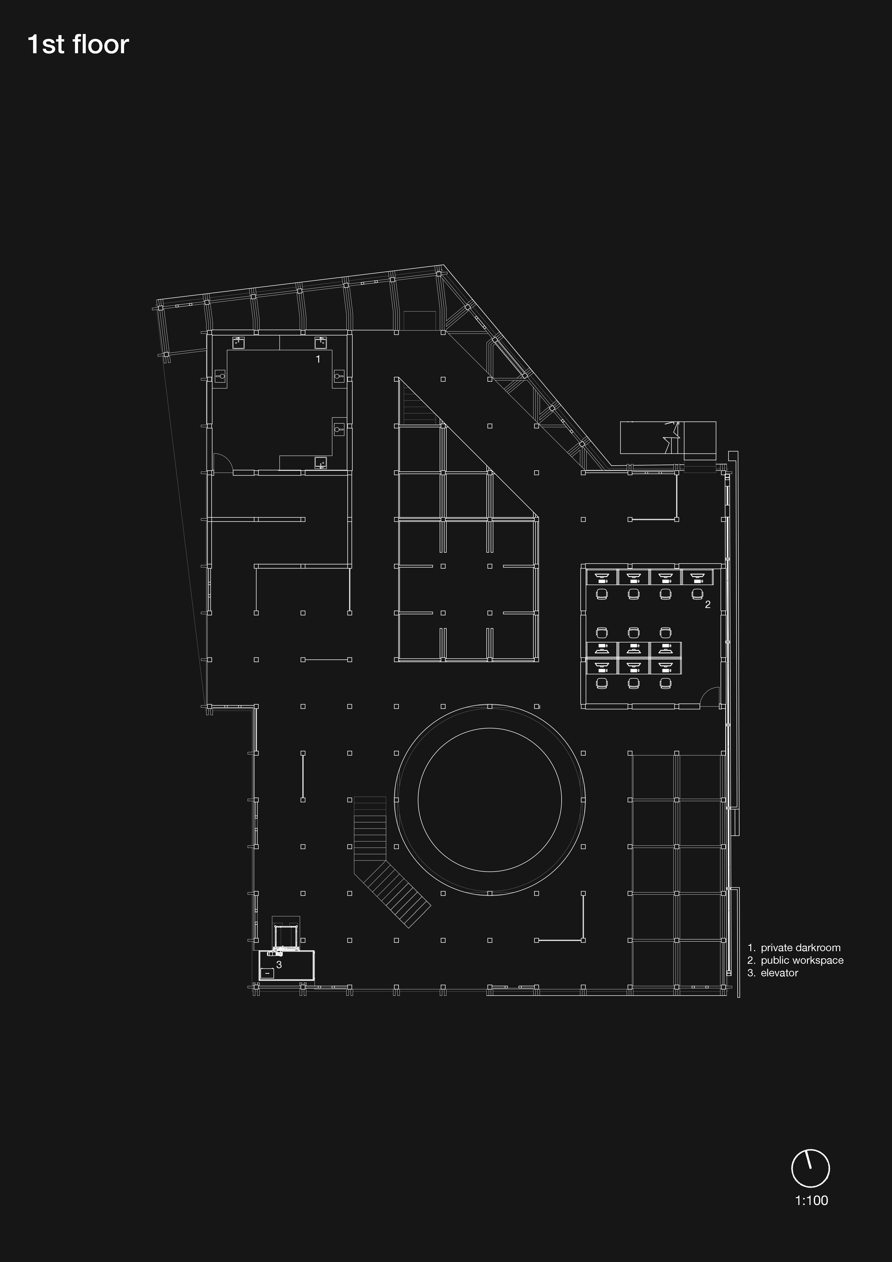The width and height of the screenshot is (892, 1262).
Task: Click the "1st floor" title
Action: point(78,45)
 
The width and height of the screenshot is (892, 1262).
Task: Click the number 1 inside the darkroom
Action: point(318,359)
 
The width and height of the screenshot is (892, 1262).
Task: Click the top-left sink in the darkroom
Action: point(238,343)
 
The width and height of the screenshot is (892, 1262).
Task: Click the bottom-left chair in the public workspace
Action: point(602,683)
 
